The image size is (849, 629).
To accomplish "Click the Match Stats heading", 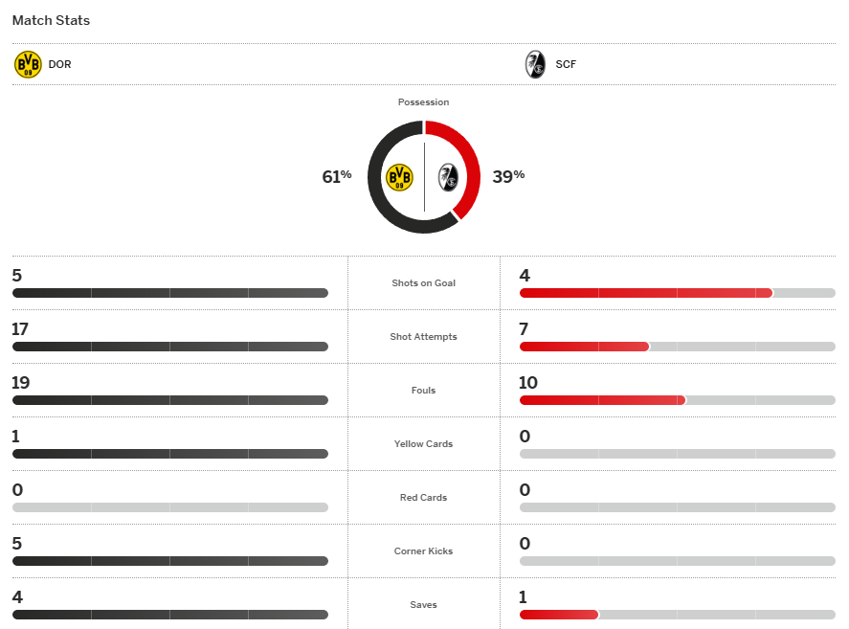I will pyautogui.click(x=51, y=20).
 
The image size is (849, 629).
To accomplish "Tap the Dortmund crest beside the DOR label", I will pyautogui.click(x=28, y=65).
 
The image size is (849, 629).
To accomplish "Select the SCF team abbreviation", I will pyautogui.click(x=566, y=65).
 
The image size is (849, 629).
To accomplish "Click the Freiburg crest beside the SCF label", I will pyautogui.click(x=535, y=65).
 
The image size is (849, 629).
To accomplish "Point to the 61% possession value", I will pyautogui.click(x=336, y=176).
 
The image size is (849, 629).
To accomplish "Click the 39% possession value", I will pyautogui.click(x=508, y=176).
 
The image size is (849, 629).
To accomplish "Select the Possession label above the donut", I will pyautogui.click(x=423, y=101).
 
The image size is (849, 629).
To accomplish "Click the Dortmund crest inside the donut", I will pyautogui.click(x=399, y=177).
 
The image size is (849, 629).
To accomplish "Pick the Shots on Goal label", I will pyautogui.click(x=423, y=283).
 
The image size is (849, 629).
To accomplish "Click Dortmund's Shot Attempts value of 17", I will pyautogui.click(x=21, y=329).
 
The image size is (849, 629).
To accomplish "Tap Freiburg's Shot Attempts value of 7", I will pyautogui.click(x=524, y=329).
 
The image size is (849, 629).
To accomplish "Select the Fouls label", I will pyautogui.click(x=423, y=391).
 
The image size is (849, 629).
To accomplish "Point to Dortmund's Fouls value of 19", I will pyautogui.click(x=21, y=383).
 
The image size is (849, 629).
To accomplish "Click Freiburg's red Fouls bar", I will pyautogui.click(x=602, y=400).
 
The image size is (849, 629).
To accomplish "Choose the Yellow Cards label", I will pyautogui.click(x=423, y=444).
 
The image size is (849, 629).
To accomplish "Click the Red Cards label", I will pyautogui.click(x=423, y=498).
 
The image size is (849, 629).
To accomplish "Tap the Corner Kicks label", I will pyautogui.click(x=423, y=551).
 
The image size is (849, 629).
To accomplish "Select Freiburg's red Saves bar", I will pyautogui.click(x=558, y=615).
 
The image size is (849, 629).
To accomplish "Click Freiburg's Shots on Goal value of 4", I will pyautogui.click(x=525, y=276).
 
